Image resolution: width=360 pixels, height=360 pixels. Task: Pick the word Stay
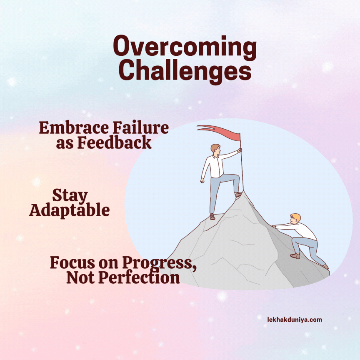click(70, 195)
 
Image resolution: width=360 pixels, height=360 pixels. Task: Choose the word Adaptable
click(70, 210)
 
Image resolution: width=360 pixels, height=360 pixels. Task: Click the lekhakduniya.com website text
click(295, 320)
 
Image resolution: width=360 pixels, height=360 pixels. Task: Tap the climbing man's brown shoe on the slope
click(295, 255)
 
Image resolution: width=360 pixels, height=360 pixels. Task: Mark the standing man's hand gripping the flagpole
click(240, 150)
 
